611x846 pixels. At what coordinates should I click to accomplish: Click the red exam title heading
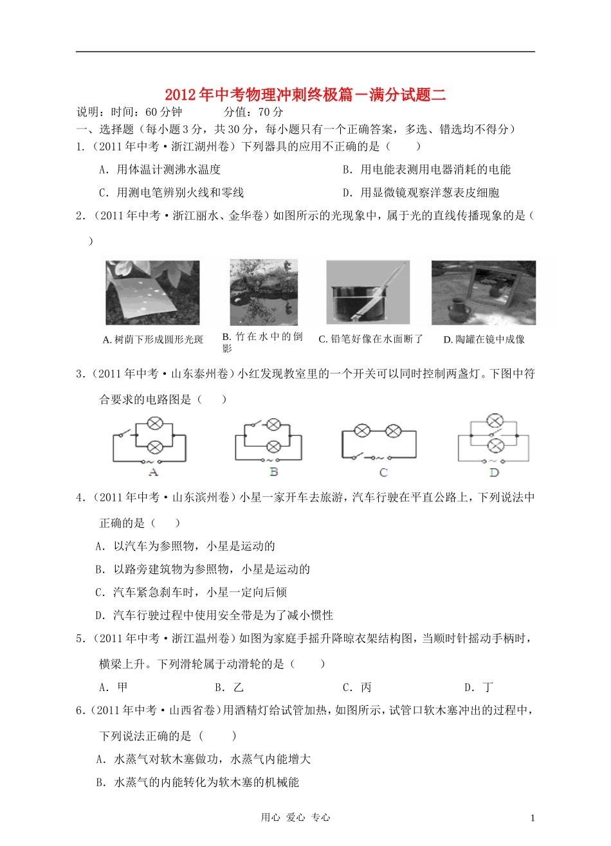[305, 95]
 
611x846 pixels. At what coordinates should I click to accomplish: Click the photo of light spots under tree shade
[152, 292]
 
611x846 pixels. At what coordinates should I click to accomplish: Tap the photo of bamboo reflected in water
[264, 292]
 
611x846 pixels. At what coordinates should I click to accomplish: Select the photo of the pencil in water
[367, 292]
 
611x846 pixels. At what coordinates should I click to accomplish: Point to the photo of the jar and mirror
[483, 292]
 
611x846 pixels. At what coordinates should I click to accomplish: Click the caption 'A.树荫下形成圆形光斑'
[152, 339]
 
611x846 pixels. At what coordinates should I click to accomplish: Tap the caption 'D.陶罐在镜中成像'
[484, 339]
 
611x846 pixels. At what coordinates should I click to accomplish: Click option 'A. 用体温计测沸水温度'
[160, 170]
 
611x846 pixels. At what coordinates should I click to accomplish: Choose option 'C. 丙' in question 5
[357, 687]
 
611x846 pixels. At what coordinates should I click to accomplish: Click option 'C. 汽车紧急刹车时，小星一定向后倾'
[191, 592]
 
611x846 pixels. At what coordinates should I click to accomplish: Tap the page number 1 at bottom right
[532, 818]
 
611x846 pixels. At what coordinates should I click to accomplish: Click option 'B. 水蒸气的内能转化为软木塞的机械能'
[197, 782]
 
